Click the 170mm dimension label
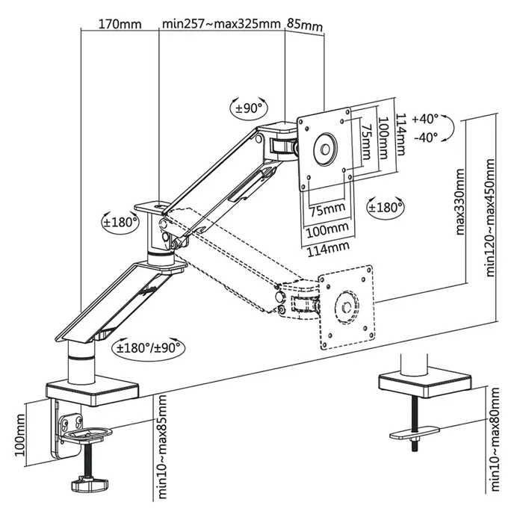pyautogui.click(x=120, y=23)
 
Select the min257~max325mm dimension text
pyautogui.click(x=220, y=23)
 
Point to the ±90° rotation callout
pyautogui.click(x=250, y=108)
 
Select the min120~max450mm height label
pyautogui.click(x=491, y=217)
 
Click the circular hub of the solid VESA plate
pyautogui.click(x=326, y=147)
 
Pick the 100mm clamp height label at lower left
pyautogui.click(x=20, y=437)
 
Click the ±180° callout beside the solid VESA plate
pyautogui.click(x=386, y=206)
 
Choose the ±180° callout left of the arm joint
pyautogui.click(x=121, y=222)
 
